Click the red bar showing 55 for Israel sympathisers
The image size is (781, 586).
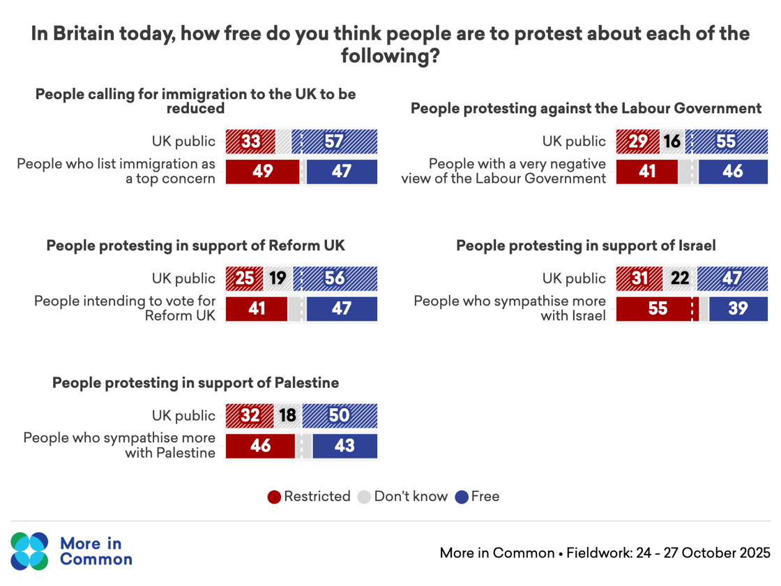pos(657,308)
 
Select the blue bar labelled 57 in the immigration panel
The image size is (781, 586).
pos(335,142)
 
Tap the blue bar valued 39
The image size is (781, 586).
pos(738,308)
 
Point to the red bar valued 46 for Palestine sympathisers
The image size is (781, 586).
pos(261,446)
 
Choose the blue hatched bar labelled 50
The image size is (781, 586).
pos(340,416)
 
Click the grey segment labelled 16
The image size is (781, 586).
pos(672,142)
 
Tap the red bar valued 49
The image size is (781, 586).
pos(262,172)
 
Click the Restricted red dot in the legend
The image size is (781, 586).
pos(275,497)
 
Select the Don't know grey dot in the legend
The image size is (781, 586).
pos(365,497)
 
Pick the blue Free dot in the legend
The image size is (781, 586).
pos(462,497)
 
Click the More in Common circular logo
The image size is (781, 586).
pos(30,551)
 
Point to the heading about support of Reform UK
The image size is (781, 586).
pos(195,246)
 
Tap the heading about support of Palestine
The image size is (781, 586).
pos(195,383)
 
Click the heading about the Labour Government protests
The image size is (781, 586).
pos(586,108)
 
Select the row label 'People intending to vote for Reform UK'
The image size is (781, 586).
pos(126,308)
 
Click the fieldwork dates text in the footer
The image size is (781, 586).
pos(668,553)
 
